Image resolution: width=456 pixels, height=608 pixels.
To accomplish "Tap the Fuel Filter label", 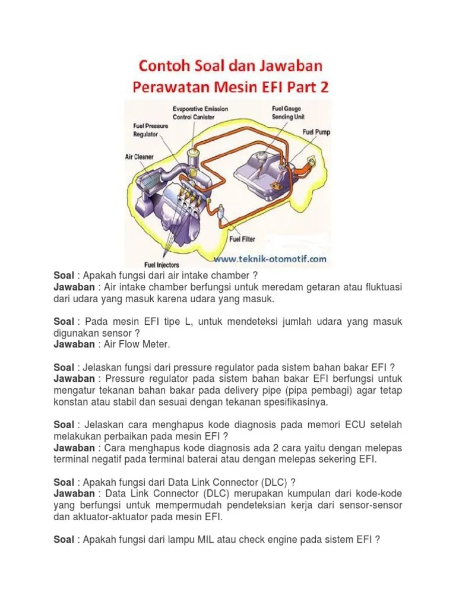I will tap(242, 239).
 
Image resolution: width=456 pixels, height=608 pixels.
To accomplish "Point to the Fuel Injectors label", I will tap(161, 264).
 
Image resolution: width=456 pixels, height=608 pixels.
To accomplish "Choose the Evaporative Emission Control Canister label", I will tap(200, 113).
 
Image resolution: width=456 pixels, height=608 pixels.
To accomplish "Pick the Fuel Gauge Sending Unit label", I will tap(289, 113).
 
